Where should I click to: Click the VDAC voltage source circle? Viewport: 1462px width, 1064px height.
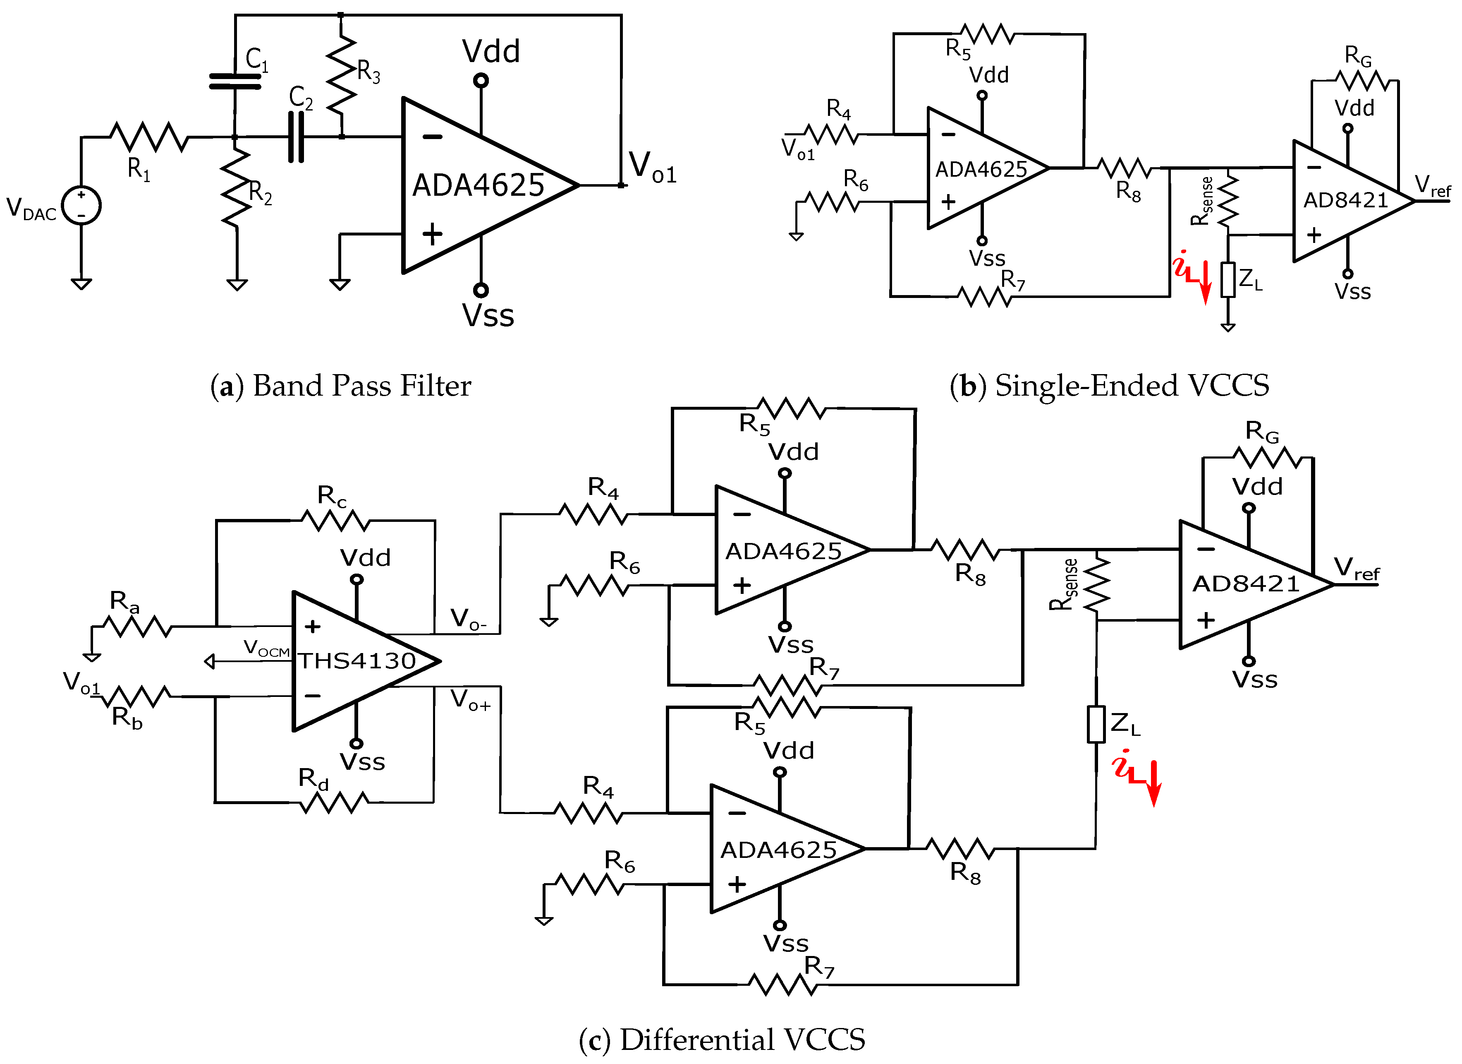tap(81, 205)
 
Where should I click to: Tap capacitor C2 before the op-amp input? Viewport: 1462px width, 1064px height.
tap(296, 137)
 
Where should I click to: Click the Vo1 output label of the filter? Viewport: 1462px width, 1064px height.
tap(652, 168)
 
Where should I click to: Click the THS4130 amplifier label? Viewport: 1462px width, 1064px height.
tap(357, 660)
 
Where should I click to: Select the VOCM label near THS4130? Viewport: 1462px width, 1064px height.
tap(266, 648)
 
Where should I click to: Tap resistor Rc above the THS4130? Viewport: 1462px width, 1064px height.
tap(335, 520)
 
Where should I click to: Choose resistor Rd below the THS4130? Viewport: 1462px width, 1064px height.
tap(334, 802)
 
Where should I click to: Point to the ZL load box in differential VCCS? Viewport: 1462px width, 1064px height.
tap(1096, 724)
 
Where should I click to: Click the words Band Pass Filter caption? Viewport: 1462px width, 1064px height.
tap(361, 386)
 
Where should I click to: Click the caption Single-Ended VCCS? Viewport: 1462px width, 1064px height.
tap(1131, 386)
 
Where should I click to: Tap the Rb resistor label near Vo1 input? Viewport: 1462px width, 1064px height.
tap(127, 717)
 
